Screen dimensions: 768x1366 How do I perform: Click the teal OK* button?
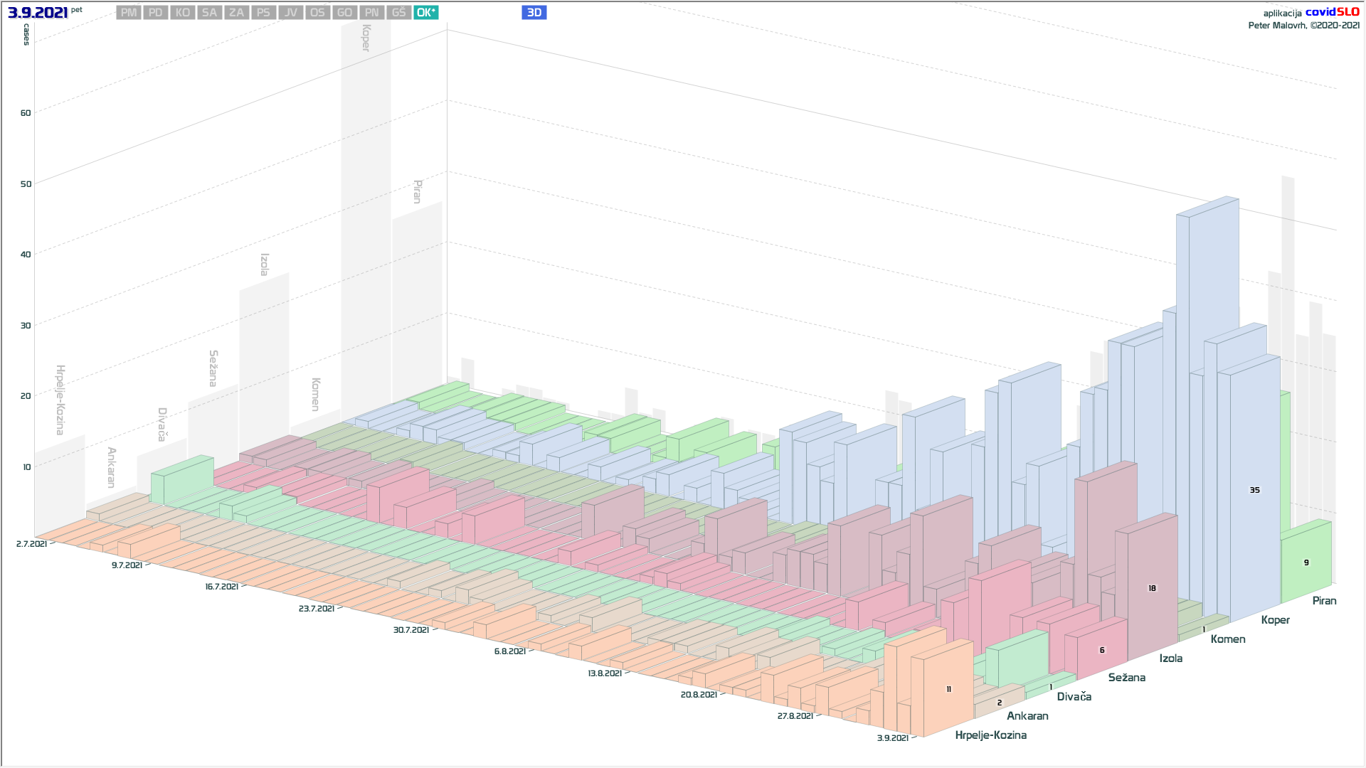[425, 13]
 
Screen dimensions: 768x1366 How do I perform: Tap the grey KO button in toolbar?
[182, 13]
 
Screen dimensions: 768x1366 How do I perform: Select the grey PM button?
[129, 13]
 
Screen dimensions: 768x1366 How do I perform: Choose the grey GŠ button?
[398, 13]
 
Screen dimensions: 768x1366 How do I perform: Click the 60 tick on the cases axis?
[26, 113]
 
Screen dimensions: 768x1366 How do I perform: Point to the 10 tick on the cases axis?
[27, 467]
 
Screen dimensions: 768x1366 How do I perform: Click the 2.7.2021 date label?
[31, 544]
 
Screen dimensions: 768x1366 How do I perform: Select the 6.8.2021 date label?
[509, 651]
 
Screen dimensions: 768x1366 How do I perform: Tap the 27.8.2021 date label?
[795, 716]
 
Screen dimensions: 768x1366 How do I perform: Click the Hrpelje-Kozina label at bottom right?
[990, 735]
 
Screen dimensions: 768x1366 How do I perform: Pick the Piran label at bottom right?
[1324, 601]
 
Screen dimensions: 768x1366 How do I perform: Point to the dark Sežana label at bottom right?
[1126, 678]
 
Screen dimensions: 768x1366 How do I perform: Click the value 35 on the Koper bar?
[1254, 490]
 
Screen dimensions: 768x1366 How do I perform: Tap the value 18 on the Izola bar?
[1152, 588]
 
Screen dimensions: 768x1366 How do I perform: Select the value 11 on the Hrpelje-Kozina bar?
[948, 689]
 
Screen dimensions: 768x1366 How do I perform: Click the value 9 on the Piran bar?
[1306, 562]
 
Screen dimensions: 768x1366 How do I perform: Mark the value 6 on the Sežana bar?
[1102, 650]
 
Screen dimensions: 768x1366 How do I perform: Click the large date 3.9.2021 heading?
[38, 13]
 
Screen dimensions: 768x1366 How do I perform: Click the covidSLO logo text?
[1332, 12]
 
